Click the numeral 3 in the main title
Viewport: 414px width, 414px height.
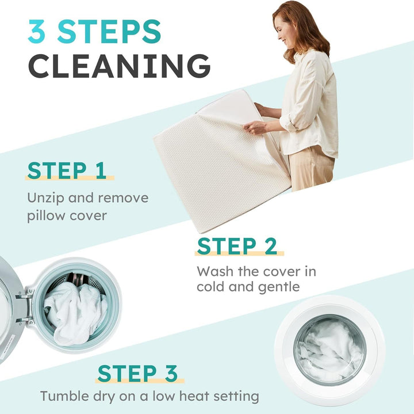(36, 31)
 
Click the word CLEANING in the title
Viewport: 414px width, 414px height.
(120, 66)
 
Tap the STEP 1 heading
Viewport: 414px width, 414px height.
(67, 170)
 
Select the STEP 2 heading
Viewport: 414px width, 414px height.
(237, 246)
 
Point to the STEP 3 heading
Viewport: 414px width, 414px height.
(137, 373)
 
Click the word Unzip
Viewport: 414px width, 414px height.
(45, 198)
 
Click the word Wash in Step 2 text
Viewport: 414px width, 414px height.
(215, 272)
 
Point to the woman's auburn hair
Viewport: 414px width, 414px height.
(306, 29)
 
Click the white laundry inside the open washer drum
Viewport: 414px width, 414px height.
(76, 313)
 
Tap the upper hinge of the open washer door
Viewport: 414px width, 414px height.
(25, 296)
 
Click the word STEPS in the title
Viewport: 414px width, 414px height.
(109, 31)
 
